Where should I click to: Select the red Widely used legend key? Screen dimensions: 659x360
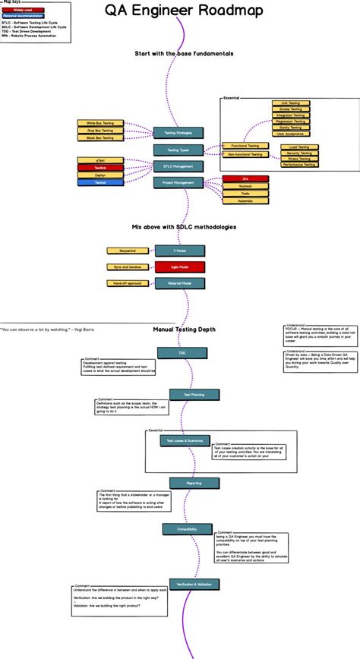coord(22,10)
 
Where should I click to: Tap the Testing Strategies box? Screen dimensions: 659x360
coord(178,133)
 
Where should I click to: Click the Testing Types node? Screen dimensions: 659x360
coord(178,150)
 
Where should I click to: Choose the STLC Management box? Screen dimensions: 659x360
coord(178,166)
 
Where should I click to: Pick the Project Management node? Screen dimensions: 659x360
coord(178,182)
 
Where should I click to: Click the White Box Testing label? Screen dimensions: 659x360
coord(100,122)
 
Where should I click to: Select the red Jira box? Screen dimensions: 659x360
coord(245,178)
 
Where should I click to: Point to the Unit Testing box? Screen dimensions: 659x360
coord(289,102)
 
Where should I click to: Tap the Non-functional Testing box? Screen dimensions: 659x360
coord(245,154)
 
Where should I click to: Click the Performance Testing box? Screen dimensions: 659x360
coord(299,165)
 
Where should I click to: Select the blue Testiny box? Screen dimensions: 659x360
coord(100,182)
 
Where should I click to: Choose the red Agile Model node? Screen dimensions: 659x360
coord(179,267)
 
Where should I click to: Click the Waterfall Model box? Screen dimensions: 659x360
coord(179,283)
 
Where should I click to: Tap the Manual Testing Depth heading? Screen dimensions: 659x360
coord(185,329)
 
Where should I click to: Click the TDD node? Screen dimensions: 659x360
coord(182,353)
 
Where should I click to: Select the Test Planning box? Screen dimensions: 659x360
coord(186,395)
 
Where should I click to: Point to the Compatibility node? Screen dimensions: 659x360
coord(187,529)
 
